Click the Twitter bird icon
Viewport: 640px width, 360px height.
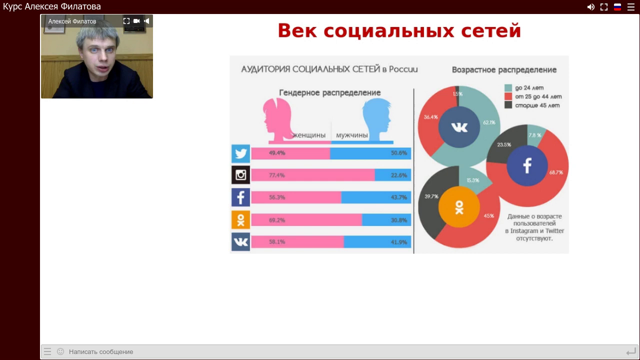point(240,153)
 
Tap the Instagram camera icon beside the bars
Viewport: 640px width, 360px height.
point(240,175)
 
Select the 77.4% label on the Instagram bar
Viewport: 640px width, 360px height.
point(276,175)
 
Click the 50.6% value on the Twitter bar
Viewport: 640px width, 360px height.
point(399,153)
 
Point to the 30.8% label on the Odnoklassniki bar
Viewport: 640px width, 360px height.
point(399,220)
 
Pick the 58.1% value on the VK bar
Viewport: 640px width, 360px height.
point(277,242)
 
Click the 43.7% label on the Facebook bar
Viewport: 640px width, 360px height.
point(399,197)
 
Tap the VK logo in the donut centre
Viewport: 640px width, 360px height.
point(459,127)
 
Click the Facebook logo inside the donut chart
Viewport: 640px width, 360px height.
point(527,165)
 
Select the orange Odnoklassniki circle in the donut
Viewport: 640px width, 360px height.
point(459,207)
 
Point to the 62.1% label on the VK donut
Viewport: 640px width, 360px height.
point(489,122)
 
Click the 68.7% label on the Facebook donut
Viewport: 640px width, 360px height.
point(556,172)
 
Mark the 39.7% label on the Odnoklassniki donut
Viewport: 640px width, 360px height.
point(431,196)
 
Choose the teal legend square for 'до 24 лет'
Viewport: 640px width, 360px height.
point(508,87)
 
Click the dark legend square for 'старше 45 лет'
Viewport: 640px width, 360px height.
point(508,105)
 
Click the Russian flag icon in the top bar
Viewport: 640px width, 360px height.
point(617,7)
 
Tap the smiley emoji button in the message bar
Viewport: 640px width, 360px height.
point(60,351)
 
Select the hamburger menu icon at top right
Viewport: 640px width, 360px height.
point(631,7)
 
